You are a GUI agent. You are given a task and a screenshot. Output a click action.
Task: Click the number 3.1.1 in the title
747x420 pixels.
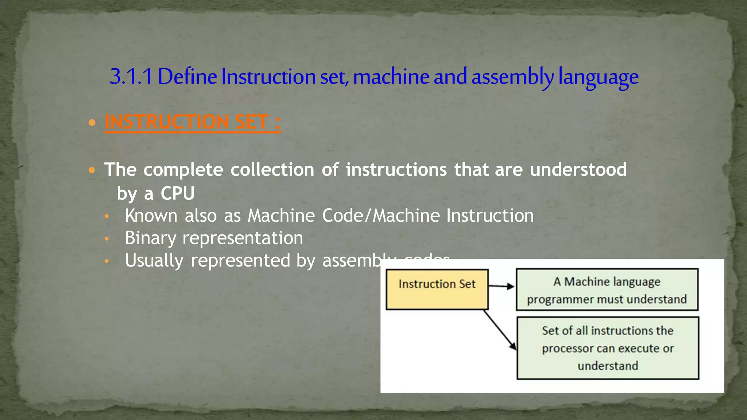pyautogui.click(x=131, y=77)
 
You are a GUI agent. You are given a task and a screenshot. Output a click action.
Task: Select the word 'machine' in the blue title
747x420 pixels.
pyautogui.click(x=391, y=77)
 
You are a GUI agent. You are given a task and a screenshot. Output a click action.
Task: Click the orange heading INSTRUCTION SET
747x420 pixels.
pyautogui.click(x=193, y=122)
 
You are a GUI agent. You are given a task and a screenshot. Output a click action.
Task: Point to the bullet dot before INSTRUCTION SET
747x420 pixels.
pyautogui.click(x=92, y=122)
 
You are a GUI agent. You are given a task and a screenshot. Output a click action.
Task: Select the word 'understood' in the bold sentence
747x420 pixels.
pyautogui.click(x=578, y=170)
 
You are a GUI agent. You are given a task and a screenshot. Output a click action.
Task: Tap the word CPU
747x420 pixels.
pyautogui.click(x=178, y=193)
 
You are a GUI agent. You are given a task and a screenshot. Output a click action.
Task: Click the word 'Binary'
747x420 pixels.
pyautogui.click(x=150, y=238)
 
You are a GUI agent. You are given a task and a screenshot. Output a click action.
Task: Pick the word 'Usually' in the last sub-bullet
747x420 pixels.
pyautogui.click(x=154, y=261)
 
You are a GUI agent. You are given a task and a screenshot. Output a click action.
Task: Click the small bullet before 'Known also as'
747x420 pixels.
pyautogui.click(x=107, y=217)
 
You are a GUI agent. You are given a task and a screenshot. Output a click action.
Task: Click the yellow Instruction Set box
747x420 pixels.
pyautogui.click(x=437, y=289)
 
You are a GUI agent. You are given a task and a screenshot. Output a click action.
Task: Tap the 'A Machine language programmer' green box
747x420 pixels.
pyautogui.click(x=607, y=289)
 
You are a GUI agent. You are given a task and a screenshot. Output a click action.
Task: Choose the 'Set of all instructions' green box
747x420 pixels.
pyautogui.click(x=608, y=348)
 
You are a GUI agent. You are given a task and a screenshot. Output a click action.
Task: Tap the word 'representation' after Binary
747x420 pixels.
pyautogui.click(x=243, y=238)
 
